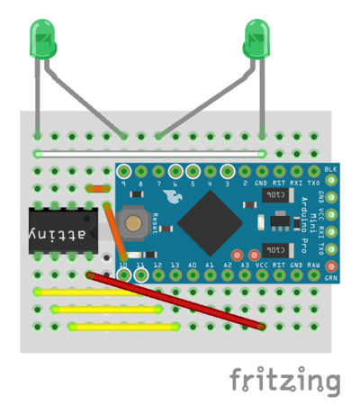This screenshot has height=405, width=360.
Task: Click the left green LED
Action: tap(41, 40)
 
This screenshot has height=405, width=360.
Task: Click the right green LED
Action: tap(258, 40)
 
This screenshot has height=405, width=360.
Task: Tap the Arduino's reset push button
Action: tap(135, 222)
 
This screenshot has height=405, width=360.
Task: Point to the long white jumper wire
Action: tap(148, 153)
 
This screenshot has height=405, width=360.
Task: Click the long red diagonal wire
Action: tap(175, 300)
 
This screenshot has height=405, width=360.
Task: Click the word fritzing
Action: tap(284, 380)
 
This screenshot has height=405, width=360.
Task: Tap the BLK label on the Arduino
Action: tap(331, 168)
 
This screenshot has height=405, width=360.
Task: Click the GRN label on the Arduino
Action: tap(331, 278)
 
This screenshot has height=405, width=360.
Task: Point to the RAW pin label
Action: tap(314, 265)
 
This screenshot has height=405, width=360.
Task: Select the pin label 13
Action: tap(175, 265)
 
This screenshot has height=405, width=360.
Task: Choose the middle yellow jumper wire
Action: tap(108, 309)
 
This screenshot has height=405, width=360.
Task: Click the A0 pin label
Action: tap(193, 265)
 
